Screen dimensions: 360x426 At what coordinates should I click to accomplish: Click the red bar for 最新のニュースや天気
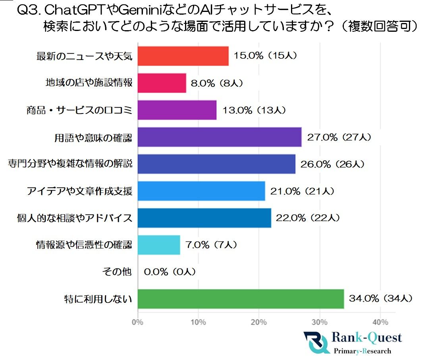coord(183,56)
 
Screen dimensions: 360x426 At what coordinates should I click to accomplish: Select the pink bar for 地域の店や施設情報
coord(162,83)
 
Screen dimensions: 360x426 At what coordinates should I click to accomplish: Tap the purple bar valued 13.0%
coord(177,110)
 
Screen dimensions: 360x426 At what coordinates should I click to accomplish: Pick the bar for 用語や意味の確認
coord(220,137)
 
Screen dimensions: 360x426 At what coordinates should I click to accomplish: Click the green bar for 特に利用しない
coord(241,299)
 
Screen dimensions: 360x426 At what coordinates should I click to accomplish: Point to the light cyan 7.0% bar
coord(159,245)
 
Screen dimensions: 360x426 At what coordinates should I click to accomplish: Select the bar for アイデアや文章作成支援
coord(201,191)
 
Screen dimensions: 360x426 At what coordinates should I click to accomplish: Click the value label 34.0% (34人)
coord(381,298)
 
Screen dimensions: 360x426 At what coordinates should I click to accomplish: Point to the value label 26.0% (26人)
coord(332,164)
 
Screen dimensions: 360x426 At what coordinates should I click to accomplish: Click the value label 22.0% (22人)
coord(308,218)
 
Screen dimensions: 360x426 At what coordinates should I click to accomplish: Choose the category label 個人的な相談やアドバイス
coord(75,218)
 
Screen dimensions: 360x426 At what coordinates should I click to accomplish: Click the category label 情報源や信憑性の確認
coord(84,245)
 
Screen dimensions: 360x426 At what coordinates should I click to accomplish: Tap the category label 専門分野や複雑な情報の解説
coord(70,164)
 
